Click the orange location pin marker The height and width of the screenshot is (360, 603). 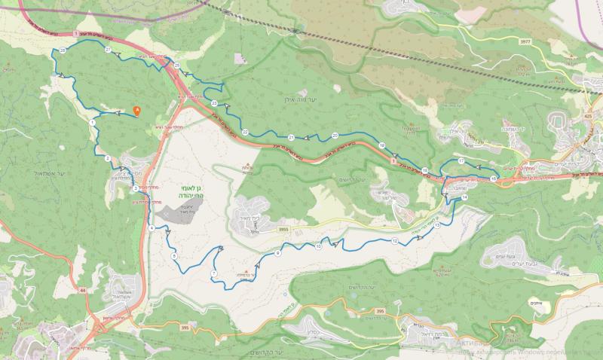point(136,110)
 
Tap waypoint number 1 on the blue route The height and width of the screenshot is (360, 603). point(92,121)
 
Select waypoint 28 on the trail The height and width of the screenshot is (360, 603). point(62,50)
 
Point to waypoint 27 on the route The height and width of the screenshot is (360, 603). point(109,50)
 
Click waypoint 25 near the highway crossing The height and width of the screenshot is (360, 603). point(176,66)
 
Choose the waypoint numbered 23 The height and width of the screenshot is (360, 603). point(214,102)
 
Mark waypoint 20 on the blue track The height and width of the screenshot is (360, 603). point(335,136)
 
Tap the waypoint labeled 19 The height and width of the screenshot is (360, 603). point(382,145)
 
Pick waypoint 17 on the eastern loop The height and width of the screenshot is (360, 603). point(461,161)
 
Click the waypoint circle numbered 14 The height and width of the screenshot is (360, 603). point(464,197)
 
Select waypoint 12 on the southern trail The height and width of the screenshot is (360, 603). point(394,241)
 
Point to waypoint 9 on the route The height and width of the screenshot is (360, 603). point(277,253)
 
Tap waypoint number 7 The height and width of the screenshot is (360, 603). point(214,273)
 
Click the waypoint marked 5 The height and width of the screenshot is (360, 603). point(174,257)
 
